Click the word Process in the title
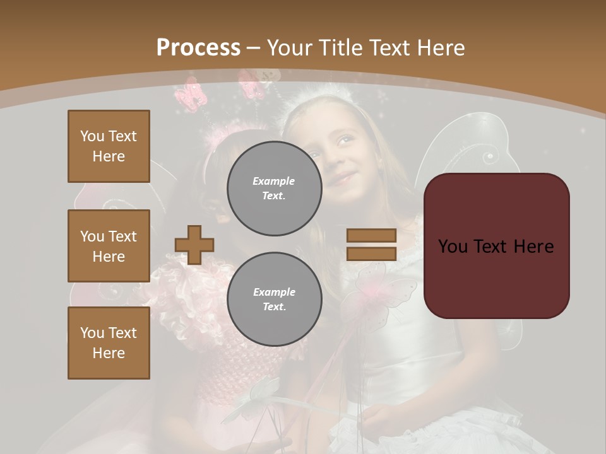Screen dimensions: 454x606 [198, 48]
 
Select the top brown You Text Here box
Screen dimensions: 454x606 [109, 146]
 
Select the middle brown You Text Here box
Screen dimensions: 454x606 [109, 246]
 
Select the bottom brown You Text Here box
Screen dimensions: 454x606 [109, 342]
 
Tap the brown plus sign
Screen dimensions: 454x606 [194, 245]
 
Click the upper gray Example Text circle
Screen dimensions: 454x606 [274, 189]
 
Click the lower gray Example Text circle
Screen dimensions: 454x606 [274, 300]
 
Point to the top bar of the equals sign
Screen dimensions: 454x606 [371, 236]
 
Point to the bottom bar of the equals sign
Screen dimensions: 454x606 [371, 254]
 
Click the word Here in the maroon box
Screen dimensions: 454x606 [533, 247]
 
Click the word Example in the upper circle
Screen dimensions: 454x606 [274, 181]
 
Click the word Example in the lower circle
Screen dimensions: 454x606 [274, 292]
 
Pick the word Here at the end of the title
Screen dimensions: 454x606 [439, 48]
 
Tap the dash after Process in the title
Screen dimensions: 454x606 [254, 49]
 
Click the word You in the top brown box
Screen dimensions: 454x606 [92, 136]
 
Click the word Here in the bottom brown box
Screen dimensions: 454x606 [109, 353]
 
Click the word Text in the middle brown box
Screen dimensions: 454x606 [122, 236]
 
